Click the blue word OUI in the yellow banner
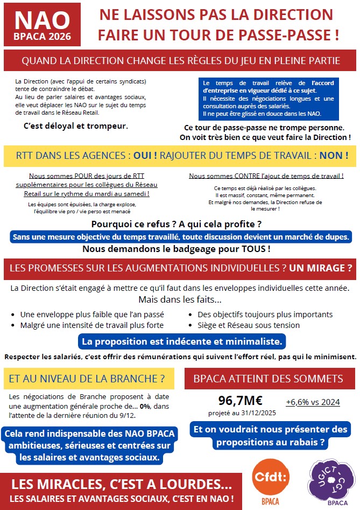point(145,156)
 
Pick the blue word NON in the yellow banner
point(334,156)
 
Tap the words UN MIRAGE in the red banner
point(321,268)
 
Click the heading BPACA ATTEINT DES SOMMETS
point(268,379)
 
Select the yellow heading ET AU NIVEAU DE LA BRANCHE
point(87,379)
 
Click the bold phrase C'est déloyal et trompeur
point(76,126)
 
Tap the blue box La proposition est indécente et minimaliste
point(182,341)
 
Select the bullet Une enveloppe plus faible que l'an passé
point(92,315)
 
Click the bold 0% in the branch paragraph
point(145,406)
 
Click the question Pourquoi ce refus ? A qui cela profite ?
point(177,224)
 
